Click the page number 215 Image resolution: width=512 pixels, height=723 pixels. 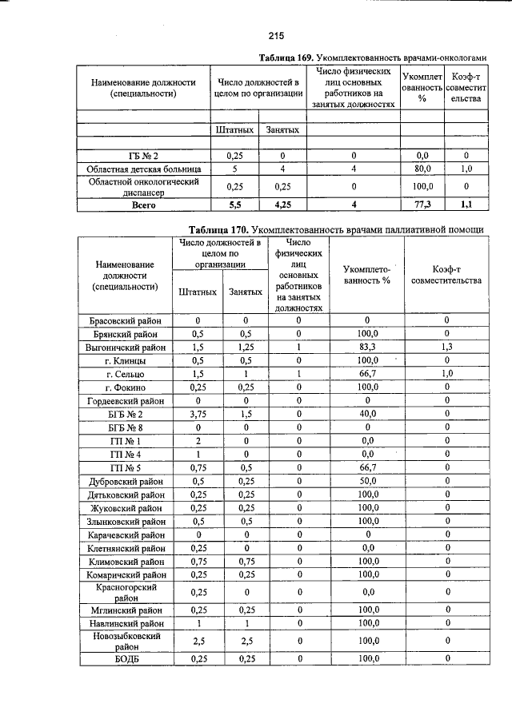(277, 35)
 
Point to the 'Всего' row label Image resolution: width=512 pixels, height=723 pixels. (145, 205)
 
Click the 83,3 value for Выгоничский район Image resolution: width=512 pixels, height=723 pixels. (367, 348)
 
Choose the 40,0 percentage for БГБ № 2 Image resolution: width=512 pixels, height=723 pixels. (367, 415)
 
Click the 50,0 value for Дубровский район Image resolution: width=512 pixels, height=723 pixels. (367, 482)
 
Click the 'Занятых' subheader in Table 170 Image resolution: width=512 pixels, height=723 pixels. (246, 292)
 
